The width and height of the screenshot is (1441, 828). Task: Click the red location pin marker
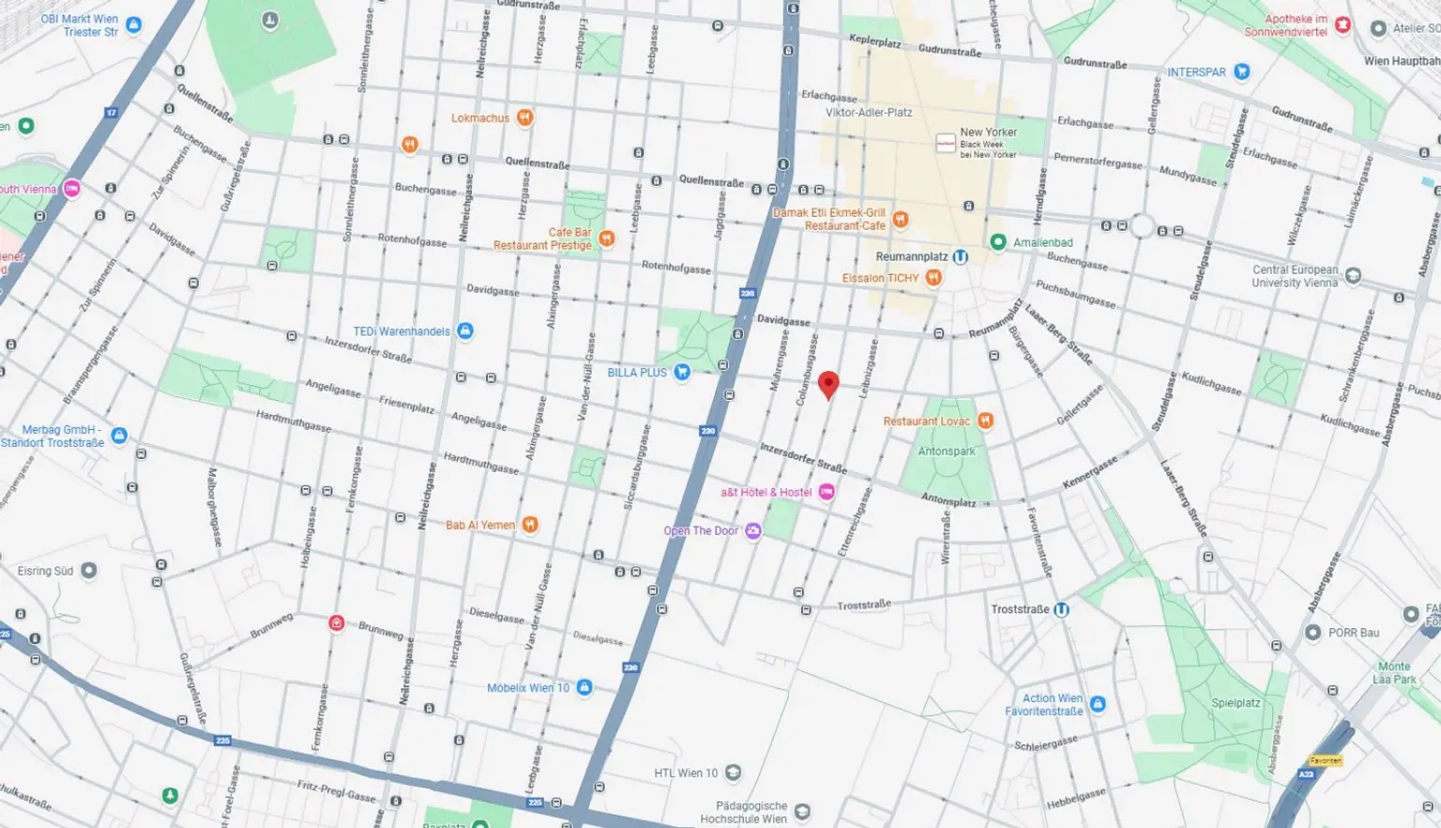[x=827, y=384]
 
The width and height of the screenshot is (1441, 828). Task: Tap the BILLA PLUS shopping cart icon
[x=682, y=373]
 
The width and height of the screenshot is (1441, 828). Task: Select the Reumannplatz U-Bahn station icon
[x=960, y=256]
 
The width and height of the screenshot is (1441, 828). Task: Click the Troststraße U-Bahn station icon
[x=1061, y=609]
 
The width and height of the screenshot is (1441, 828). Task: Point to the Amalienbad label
[x=1042, y=242]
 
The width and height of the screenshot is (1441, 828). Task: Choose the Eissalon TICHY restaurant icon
[x=933, y=278]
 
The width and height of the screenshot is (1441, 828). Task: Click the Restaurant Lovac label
[x=926, y=422]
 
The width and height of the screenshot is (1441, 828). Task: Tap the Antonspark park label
[x=946, y=452]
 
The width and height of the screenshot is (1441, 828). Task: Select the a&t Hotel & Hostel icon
[x=826, y=492]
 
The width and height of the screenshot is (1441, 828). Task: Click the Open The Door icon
[x=752, y=531]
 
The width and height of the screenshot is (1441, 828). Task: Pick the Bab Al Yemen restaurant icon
[x=530, y=525]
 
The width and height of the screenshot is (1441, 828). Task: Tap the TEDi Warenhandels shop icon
[x=464, y=331]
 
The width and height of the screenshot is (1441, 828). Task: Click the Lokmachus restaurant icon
[x=524, y=118]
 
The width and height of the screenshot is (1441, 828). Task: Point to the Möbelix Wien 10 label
[x=527, y=688]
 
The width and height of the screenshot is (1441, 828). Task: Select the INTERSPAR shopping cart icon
[x=1241, y=72]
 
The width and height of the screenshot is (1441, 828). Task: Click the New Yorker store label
[x=988, y=132]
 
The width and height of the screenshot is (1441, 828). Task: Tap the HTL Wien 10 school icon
[x=733, y=774]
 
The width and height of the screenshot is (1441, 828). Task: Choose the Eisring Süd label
[x=45, y=571]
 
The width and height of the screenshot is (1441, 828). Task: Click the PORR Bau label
[x=1353, y=633]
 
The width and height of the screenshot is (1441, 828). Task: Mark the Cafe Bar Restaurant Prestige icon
[x=606, y=239]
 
